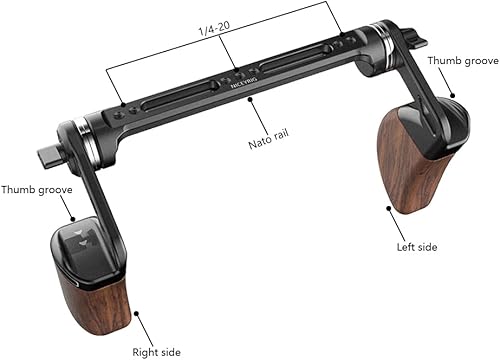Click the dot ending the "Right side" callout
pyautogui.click(x=136, y=314)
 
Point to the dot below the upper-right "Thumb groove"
pyautogui.click(x=452, y=98)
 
